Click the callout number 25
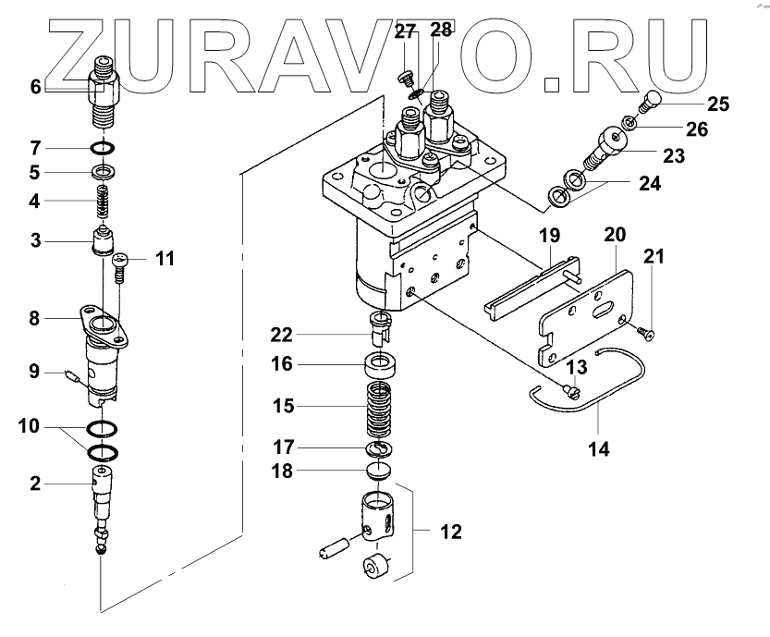point(718,104)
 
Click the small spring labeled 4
point(104,200)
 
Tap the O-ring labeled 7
point(104,148)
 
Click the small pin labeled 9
point(72,374)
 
